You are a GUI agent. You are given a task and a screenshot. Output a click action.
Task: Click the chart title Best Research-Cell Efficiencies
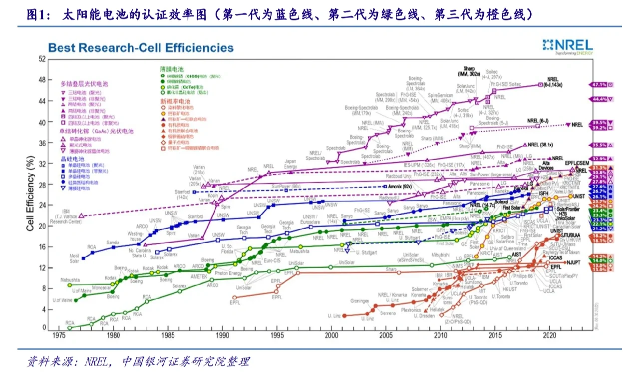pos(141,48)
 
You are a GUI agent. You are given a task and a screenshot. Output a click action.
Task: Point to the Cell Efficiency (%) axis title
pos(30,193)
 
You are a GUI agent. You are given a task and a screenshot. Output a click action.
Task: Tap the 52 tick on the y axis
pos(42,59)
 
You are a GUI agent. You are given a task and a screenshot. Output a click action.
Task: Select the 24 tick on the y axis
pos(42,205)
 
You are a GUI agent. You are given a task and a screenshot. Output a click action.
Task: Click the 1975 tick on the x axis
pos(59,336)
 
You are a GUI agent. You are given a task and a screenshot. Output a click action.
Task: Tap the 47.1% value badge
pos(599,85)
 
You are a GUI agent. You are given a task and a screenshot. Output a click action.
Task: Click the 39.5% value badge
pos(599,123)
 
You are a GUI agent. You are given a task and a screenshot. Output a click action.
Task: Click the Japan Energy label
pos(291,164)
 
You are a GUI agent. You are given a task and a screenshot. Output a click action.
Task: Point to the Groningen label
pos(359,301)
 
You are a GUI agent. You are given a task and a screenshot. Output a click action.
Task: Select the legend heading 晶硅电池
pos(70,158)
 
